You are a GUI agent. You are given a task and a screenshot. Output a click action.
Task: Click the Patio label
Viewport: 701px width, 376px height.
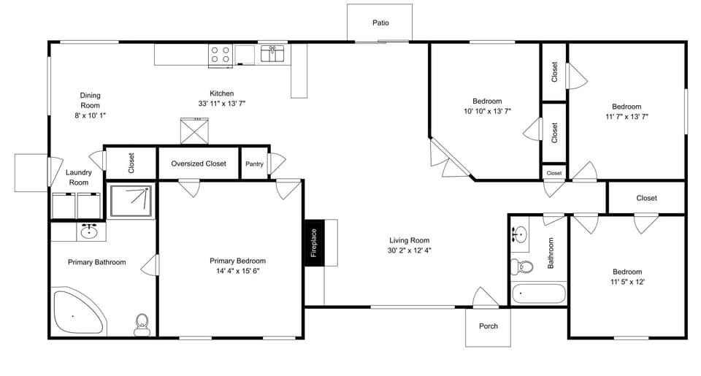[x=380, y=23]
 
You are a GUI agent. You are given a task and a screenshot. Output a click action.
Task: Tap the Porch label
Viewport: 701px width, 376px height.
[x=489, y=326]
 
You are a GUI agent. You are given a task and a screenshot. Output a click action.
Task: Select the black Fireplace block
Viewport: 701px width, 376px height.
[x=314, y=243]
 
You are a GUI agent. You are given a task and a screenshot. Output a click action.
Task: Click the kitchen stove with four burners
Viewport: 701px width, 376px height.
[x=221, y=55]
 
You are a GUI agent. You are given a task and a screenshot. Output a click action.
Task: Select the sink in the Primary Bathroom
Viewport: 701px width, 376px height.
[x=90, y=232]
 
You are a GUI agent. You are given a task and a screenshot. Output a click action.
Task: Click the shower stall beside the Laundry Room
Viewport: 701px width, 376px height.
[x=131, y=201]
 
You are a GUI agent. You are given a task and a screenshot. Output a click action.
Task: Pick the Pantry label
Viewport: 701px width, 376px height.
[x=254, y=164]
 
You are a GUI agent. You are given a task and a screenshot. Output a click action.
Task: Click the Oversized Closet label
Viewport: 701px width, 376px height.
[x=199, y=164]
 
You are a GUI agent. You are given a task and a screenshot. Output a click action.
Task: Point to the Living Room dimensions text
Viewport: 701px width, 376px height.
[x=409, y=250]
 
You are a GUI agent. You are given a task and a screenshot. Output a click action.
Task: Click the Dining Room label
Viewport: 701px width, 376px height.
[x=90, y=105]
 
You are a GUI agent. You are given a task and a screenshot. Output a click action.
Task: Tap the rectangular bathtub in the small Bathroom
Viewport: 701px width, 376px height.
[x=539, y=294]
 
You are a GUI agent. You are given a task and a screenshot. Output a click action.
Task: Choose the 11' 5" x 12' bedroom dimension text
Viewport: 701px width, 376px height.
[x=627, y=281]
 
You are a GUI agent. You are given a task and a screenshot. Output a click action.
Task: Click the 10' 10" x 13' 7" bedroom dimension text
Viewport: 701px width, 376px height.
[x=487, y=112]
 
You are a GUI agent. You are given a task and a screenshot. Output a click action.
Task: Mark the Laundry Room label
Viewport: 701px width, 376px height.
[x=78, y=177]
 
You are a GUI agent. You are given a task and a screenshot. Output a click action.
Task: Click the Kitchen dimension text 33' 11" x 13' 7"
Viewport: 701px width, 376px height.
[x=222, y=104]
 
